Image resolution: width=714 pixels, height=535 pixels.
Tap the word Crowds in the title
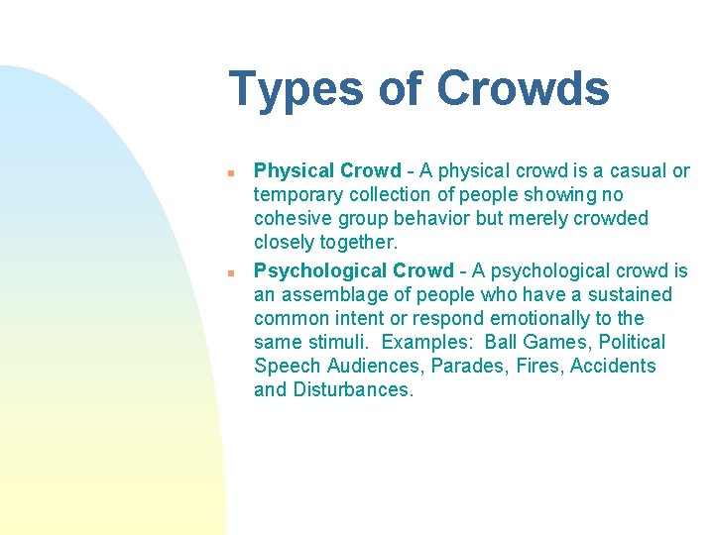click(523, 89)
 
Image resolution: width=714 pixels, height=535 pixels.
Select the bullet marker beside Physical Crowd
click(229, 172)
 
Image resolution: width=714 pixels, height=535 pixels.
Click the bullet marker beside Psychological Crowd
click(229, 271)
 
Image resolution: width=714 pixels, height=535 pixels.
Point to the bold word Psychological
click(319, 271)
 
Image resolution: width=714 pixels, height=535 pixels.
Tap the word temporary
click(298, 195)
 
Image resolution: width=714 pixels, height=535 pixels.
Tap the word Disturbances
click(352, 390)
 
